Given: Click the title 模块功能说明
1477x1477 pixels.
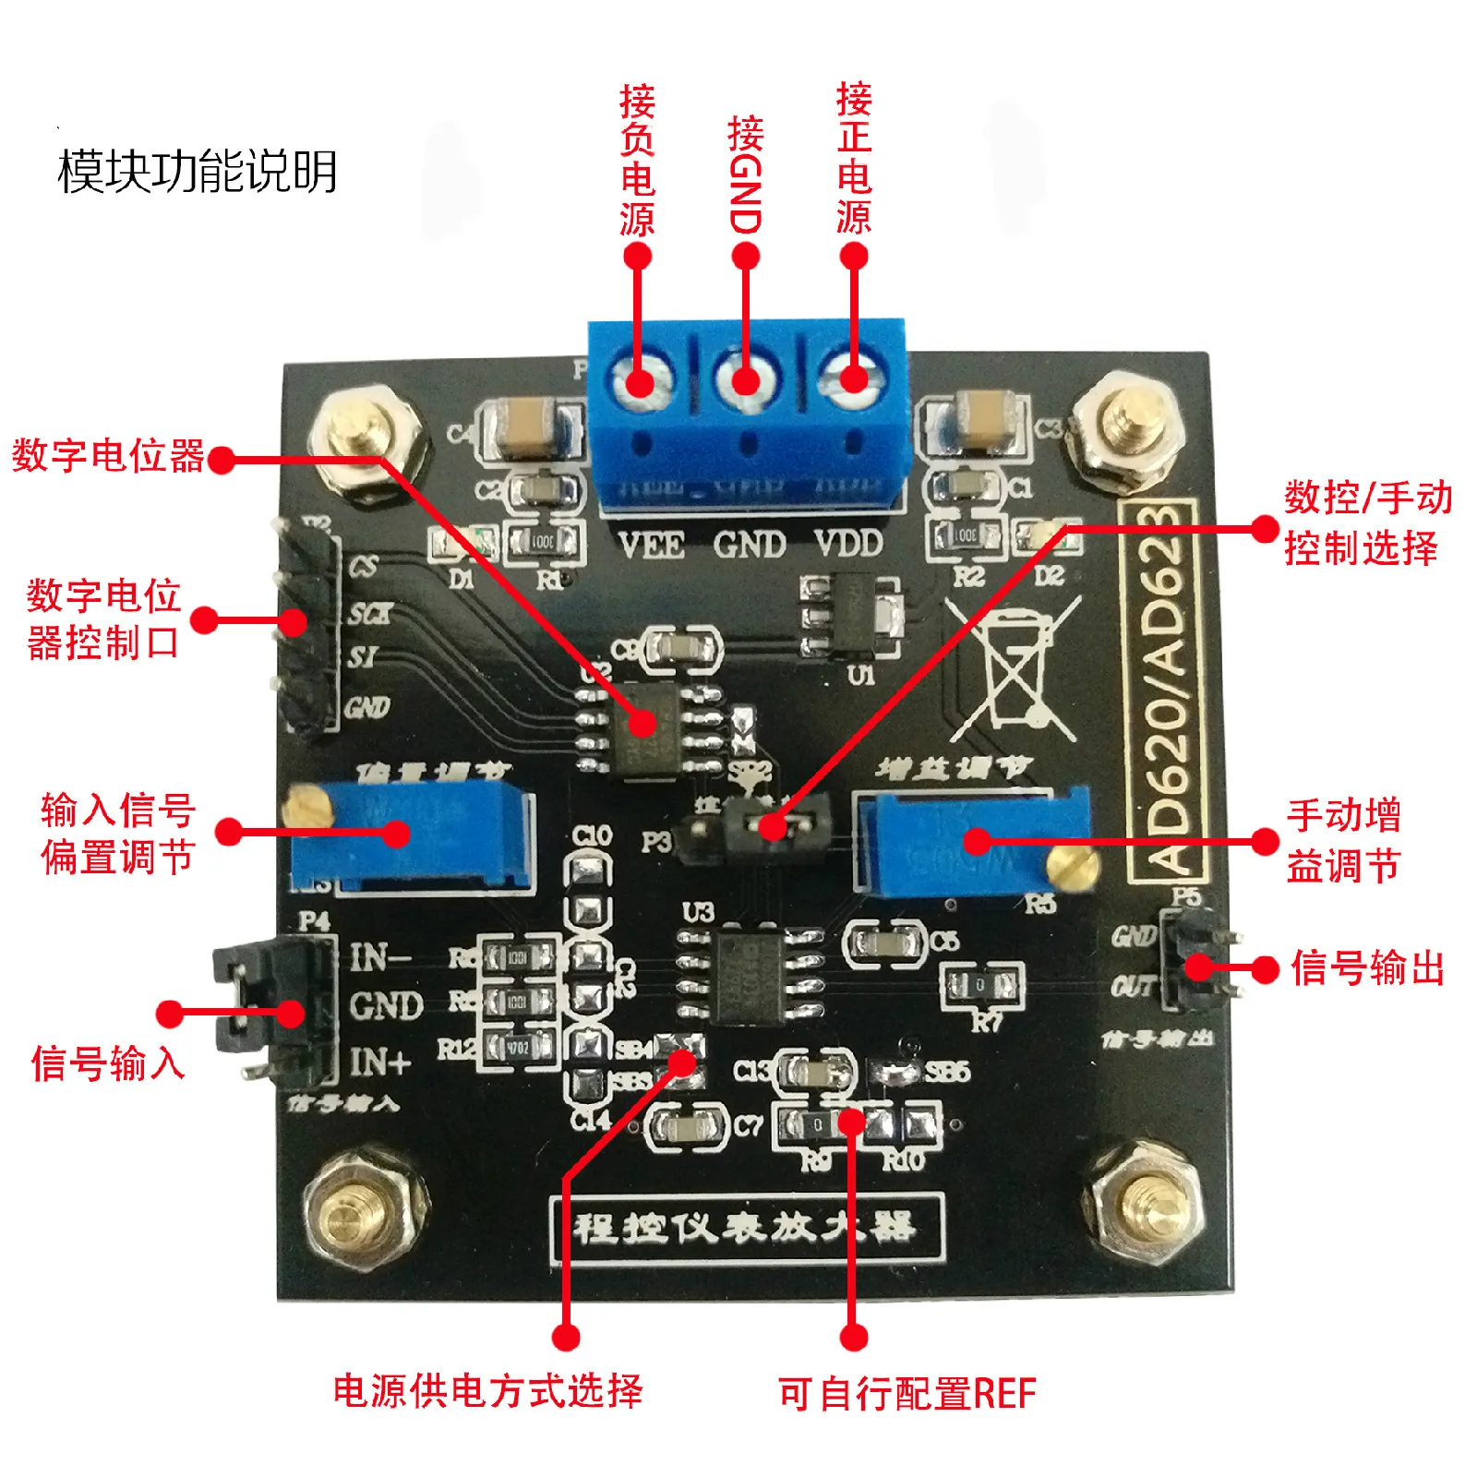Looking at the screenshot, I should (x=198, y=172).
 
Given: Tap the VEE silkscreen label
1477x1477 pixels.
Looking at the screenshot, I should (x=652, y=546).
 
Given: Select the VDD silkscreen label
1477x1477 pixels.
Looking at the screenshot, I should (x=848, y=544).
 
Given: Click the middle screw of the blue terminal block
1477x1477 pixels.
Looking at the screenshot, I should (x=746, y=380).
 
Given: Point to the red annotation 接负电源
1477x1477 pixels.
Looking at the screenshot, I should (x=637, y=161).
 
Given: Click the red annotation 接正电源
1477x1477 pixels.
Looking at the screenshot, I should (x=854, y=159).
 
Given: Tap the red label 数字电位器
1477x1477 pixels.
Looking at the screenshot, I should (x=108, y=456).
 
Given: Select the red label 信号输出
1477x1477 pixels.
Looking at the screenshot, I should (x=1366, y=968).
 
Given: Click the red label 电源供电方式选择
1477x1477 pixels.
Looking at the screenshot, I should (x=487, y=1391).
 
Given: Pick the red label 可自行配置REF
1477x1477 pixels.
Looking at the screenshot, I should (x=907, y=1393).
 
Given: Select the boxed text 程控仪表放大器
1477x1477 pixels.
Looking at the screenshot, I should (x=746, y=1228).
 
